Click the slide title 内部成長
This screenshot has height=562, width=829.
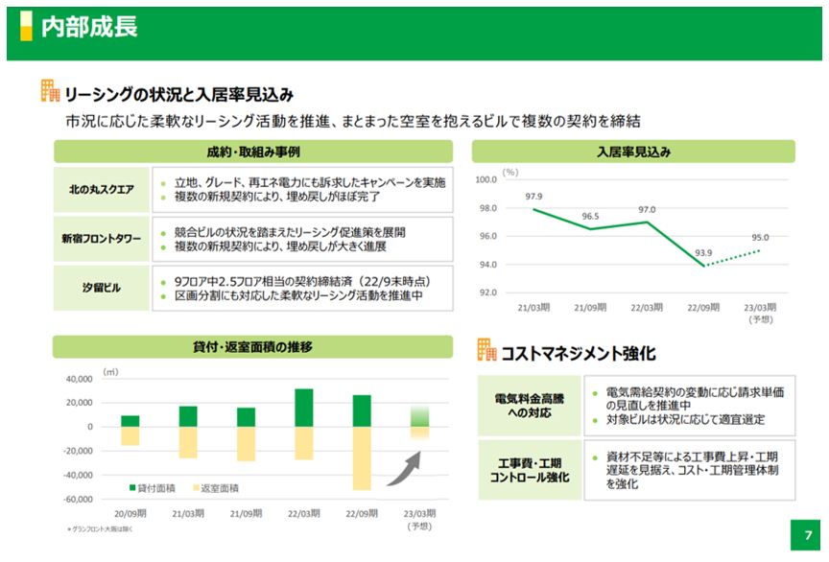tap(89, 26)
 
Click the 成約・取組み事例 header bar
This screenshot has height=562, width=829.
tap(253, 152)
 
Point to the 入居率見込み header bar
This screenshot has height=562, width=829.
tap(633, 152)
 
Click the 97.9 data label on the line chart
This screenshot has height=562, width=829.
tap(534, 197)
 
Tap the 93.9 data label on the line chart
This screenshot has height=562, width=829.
tap(702, 253)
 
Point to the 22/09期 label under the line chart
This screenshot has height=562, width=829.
tap(702, 308)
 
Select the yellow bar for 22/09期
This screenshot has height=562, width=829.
tap(362, 458)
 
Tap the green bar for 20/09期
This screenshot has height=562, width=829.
tap(130, 421)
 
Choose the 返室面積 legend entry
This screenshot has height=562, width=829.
tap(216, 488)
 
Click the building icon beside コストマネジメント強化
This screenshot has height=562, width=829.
tap(486, 350)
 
